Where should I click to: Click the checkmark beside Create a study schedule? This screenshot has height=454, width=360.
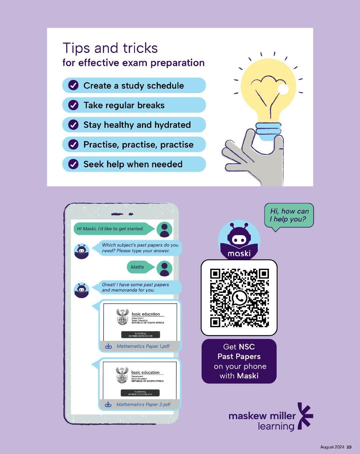[73, 86]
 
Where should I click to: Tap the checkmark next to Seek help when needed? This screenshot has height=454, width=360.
[73, 164]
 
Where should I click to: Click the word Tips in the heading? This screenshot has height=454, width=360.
[76, 49]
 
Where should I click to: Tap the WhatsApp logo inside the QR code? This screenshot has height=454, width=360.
[239, 298]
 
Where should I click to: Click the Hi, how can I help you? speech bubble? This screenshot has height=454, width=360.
[289, 215]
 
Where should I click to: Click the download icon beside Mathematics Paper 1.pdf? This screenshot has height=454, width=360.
[109, 346]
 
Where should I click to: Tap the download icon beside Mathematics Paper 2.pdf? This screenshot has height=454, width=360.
[108, 404]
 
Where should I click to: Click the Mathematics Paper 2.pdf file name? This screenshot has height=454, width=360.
[143, 404]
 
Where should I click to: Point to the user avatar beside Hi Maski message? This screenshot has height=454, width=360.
[164, 230]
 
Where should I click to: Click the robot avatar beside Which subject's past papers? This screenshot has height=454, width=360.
[82, 251]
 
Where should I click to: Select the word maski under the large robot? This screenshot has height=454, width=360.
[239, 254]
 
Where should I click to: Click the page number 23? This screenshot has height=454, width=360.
[349, 447]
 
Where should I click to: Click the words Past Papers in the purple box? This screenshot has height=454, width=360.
[239, 357]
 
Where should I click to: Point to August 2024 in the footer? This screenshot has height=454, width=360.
[332, 447]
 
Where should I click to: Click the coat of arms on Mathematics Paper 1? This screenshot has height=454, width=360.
[122, 317]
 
